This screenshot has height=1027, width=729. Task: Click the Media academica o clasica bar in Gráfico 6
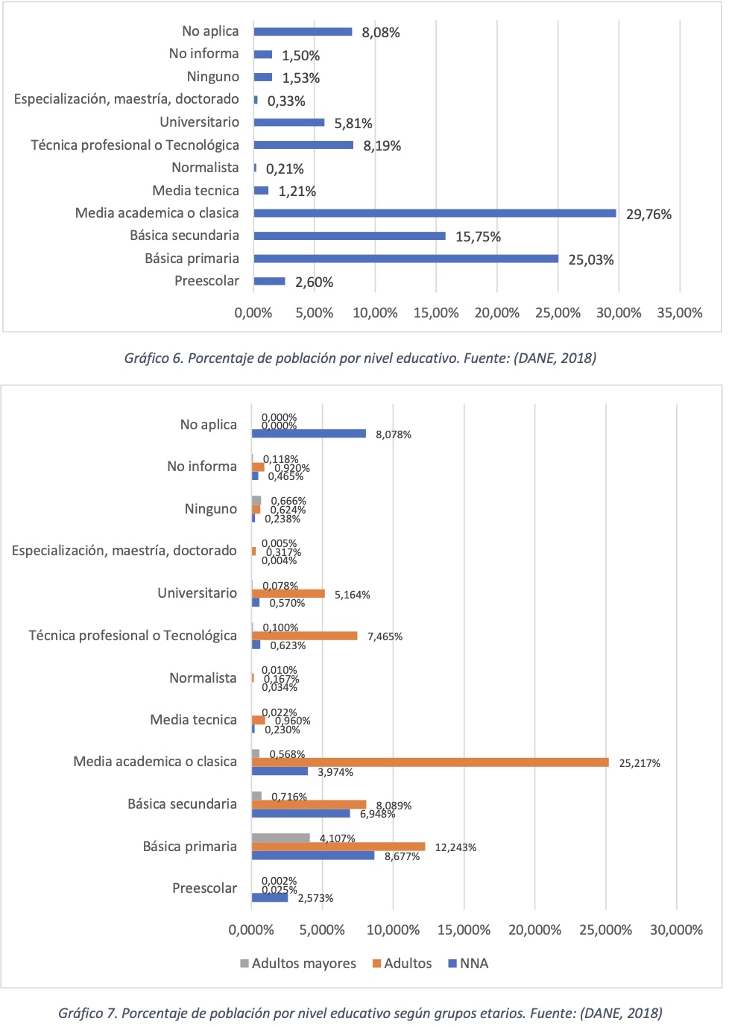[435, 213]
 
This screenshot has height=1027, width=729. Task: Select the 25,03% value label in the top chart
[591, 260]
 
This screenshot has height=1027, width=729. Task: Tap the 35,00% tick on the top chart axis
[679, 313]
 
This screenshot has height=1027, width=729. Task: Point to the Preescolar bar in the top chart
[269, 282]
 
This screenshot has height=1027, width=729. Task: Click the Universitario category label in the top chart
[199, 122]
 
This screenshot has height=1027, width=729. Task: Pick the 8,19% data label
[382, 146]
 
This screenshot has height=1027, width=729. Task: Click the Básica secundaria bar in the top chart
[349, 236]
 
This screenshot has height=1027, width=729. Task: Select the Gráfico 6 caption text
[360, 358]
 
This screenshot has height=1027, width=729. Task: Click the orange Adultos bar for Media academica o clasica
[430, 762]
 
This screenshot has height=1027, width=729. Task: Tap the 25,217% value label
[639, 763]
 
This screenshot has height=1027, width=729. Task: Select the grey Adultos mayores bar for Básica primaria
[280, 838]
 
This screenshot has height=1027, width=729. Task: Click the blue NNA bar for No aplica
[309, 434]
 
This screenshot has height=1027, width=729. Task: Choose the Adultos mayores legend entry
[298, 964]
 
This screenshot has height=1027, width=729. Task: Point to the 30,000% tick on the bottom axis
[676, 930]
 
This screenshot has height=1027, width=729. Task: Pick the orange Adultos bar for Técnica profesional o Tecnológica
[304, 636]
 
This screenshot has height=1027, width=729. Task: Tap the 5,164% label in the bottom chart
[352, 595]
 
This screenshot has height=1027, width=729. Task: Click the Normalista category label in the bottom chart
[203, 678]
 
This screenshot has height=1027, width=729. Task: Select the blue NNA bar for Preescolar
[270, 897]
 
